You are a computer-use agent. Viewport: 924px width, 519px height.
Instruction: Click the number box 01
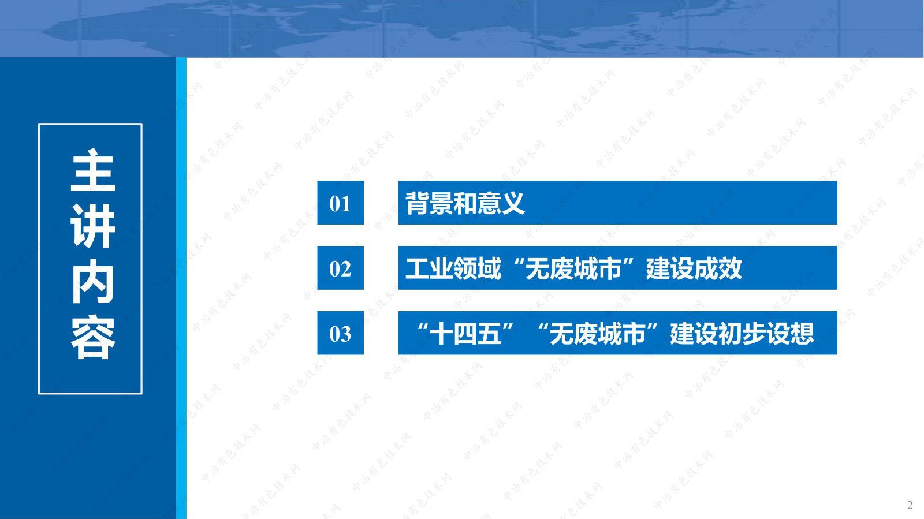(x=340, y=203)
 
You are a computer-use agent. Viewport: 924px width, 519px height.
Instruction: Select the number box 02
(x=340, y=268)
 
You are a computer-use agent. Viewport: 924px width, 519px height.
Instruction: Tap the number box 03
(x=340, y=333)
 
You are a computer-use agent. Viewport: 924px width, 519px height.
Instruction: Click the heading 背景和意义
(x=465, y=203)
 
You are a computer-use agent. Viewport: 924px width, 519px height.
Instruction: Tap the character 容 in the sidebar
(x=92, y=337)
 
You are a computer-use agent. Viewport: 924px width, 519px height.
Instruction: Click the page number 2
(x=910, y=505)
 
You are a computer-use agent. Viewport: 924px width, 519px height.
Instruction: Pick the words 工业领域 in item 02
(x=453, y=268)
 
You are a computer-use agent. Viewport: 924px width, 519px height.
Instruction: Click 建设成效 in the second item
(x=694, y=268)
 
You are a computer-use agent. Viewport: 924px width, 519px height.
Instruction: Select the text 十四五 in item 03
(x=465, y=334)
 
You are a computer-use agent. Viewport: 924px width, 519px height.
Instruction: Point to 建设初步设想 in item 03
(x=742, y=334)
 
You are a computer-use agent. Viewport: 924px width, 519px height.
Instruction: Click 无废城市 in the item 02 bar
(x=573, y=268)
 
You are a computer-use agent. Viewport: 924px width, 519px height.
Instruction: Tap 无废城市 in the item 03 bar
(x=598, y=334)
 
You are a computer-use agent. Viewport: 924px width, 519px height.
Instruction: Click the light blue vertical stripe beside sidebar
(x=181, y=289)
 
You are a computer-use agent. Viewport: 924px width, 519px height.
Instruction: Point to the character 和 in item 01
(x=465, y=203)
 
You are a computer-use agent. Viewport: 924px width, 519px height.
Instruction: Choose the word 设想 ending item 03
(x=790, y=334)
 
